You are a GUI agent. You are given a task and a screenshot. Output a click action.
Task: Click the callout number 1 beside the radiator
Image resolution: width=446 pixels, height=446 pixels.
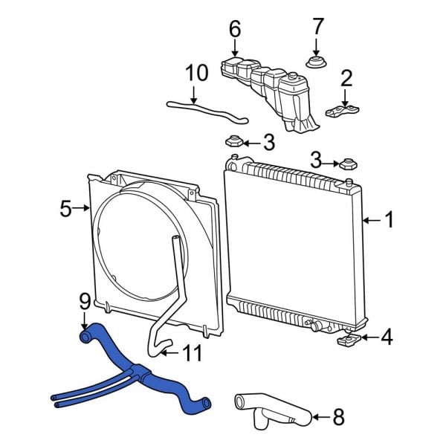click(x=390, y=220)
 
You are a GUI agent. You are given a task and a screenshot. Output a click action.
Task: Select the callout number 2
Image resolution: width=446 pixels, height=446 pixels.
click(x=346, y=78)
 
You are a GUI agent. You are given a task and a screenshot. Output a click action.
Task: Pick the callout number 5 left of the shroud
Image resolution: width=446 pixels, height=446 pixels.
click(x=65, y=210)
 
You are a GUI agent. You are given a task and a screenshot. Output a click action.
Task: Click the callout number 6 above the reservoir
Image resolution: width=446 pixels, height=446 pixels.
click(x=235, y=30)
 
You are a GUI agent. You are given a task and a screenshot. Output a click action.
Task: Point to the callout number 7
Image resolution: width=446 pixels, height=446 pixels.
click(x=318, y=26)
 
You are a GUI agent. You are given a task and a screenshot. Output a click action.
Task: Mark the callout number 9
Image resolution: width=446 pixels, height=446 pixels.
click(x=84, y=301)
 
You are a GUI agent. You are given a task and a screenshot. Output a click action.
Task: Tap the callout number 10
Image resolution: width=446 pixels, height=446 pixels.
click(x=197, y=73)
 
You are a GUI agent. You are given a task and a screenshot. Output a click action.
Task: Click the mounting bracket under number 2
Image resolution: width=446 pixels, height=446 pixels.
click(x=344, y=112)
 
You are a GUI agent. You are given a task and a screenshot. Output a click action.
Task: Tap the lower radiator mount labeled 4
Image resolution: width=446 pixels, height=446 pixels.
click(x=349, y=340)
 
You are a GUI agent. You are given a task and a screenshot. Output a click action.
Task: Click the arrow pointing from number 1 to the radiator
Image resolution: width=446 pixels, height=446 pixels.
click(x=372, y=221)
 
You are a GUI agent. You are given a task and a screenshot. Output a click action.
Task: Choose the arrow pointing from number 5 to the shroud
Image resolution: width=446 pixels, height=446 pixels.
click(x=83, y=210)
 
